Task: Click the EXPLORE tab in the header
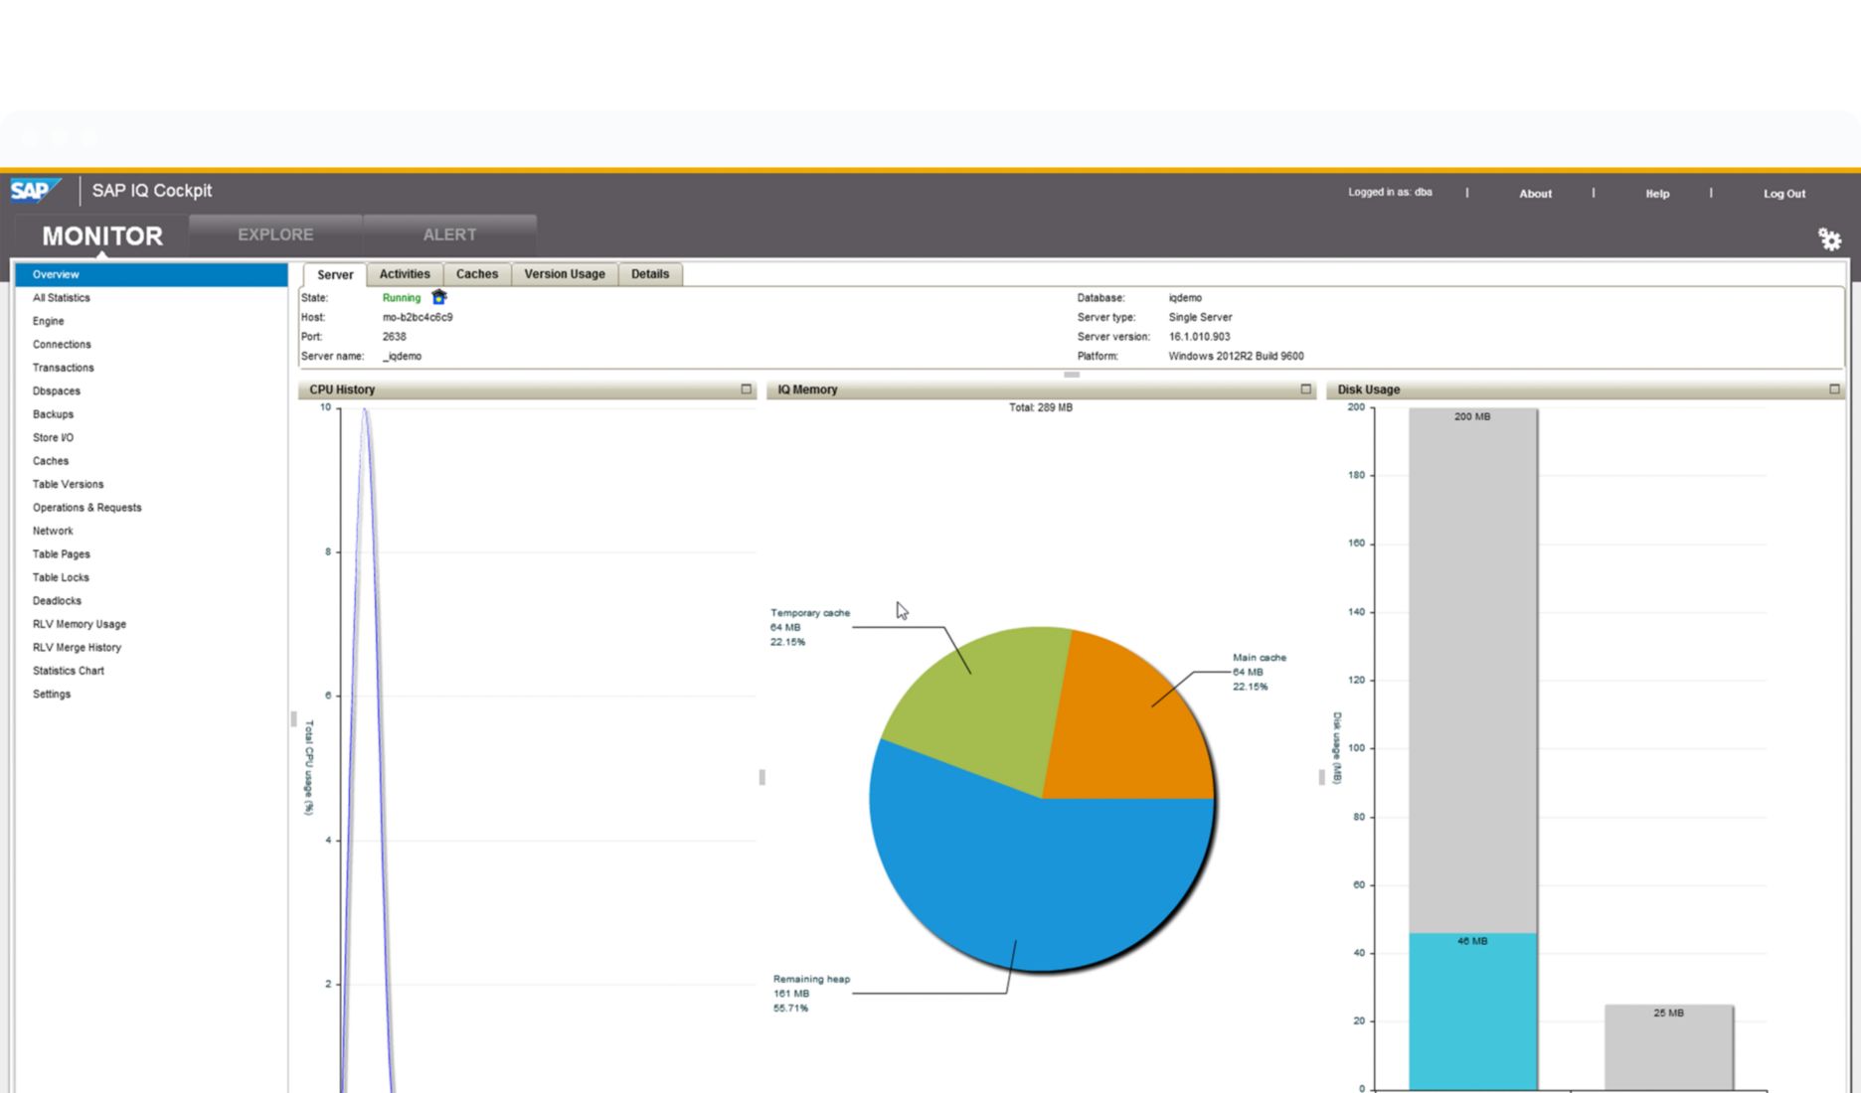coord(275,234)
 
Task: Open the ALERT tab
coord(449,234)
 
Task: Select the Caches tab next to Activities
coord(477,274)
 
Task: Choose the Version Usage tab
coord(565,274)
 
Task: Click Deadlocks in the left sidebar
coord(57,601)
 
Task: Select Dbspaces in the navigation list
coord(57,391)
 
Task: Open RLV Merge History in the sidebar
coord(77,648)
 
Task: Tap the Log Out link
coord(1784,194)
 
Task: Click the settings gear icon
coord(1829,239)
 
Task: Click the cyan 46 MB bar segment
coord(1472,1014)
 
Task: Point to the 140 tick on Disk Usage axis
coord(1356,612)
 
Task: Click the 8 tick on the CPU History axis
coord(328,551)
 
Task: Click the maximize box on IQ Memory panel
coord(1306,390)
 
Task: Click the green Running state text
coord(402,298)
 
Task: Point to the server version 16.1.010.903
coord(1199,337)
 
